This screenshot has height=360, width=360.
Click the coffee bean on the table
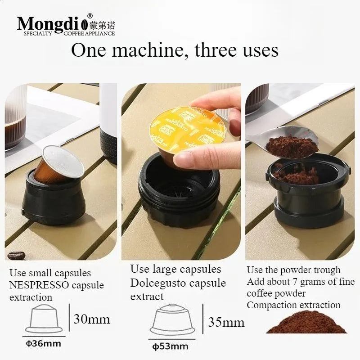coord(16,255)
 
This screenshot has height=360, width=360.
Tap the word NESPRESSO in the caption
coord(39,285)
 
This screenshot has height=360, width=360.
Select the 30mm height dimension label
coord(92,319)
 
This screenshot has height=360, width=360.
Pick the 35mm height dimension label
coord(226,322)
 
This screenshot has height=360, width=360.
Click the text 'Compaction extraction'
coord(293,305)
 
